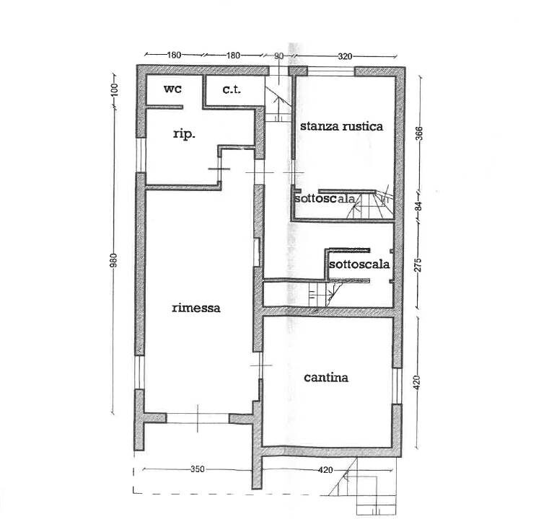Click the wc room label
pyautogui.click(x=172, y=89)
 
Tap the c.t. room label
pyautogui.click(x=232, y=89)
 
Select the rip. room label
pyautogui.click(x=184, y=134)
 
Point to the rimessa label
pyautogui.click(x=196, y=308)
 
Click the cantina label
pyautogui.click(x=326, y=378)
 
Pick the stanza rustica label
pyautogui.click(x=341, y=126)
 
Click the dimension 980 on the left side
pyautogui.click(x=113, y=260)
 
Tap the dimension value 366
pyautogui.click(x=419, y=133)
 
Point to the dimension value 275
pyautogui.click(x=418, y=265)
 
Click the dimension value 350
pyautogui.click(x=198, y=469)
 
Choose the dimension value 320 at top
pyautogui.click(x=345, y=56)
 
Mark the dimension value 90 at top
pyautogui.click(x=279, y=56)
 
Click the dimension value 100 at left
pyautogui.click(x=115, y=90)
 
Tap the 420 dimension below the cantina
pyautogui.click(x=325, y=470)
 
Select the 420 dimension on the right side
pyautogui.click(x=416, y=382)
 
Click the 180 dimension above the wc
pyautogui.click(x=174, y=55)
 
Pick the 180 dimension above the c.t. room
pyautogui.click(x=233, y=56)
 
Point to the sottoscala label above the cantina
pyautogui.click(x=359, y=264)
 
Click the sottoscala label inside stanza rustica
pyautogui.click(x=325, y=199)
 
